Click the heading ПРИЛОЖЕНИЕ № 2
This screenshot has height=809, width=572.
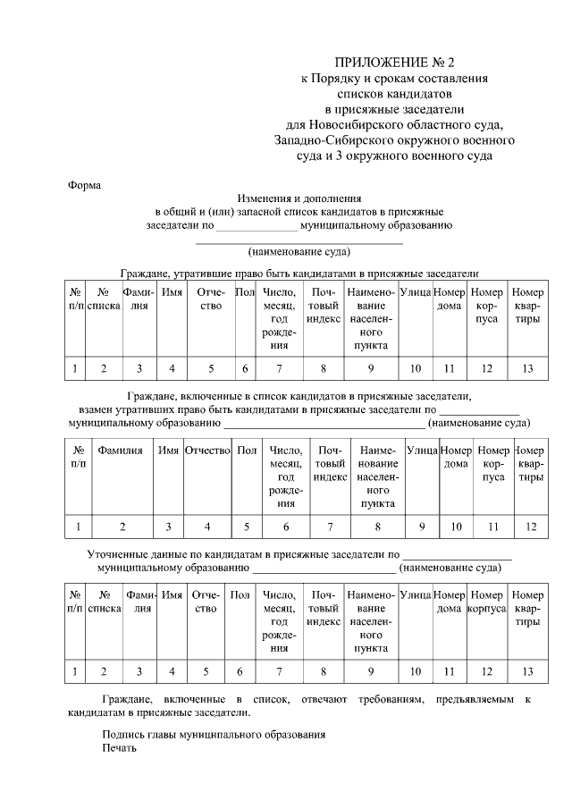point(394,63)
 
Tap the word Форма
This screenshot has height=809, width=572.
point(85,185)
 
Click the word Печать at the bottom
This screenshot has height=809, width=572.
point(120,748)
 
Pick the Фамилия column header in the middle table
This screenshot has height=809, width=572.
point(121,451)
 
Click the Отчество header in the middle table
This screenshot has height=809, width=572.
point(208,451)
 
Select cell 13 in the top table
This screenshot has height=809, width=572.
point(527,368)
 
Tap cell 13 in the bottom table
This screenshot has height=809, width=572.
point(527,670)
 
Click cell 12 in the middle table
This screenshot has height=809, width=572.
point(531,527)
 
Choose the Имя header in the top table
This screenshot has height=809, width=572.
point(172,292)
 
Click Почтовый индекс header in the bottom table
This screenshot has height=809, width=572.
point(324,602)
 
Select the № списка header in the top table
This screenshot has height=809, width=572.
point(104,299)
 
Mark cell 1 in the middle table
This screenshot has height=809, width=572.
point(79,527)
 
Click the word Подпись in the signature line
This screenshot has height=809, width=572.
point(124,734)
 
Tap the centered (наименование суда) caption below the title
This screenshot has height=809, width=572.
point(299,252)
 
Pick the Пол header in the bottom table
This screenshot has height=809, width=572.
point(240,594)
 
